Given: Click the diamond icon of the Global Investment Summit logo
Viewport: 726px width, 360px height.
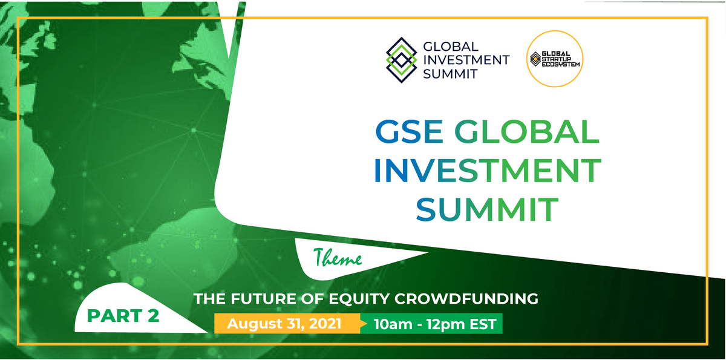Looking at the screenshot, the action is pos(401,60).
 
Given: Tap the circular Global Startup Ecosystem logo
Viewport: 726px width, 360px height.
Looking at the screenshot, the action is pos(555,59).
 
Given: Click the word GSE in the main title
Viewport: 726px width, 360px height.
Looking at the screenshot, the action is pos(409,131).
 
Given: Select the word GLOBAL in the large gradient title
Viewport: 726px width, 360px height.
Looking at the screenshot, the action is pos(527,131).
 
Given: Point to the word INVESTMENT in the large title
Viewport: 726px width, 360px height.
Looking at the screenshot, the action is pos(488,171).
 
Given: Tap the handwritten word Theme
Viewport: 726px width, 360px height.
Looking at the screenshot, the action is pos(338,258).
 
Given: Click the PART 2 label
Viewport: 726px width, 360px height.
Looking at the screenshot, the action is pos(123,316).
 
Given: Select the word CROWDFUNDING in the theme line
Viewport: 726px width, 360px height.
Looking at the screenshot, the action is pos(466,298).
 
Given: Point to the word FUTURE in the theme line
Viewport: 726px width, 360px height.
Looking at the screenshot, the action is pos(263,298).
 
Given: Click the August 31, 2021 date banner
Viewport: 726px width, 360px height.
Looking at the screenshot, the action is pos(287,323).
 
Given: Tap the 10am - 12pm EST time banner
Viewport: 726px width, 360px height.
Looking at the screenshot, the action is pos(431,323).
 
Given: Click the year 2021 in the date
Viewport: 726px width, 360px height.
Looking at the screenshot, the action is pos(325,323).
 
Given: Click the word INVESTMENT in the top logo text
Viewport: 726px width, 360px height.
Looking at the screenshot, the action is pos(466,61).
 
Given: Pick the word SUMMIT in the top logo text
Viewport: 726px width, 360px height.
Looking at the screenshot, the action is pos(450,74).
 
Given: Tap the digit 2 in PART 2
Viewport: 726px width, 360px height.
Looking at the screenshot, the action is pos(153,316).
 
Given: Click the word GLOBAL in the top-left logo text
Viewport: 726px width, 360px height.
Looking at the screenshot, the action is pos(451,47).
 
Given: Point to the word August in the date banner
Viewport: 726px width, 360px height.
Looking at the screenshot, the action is pos(255,324).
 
